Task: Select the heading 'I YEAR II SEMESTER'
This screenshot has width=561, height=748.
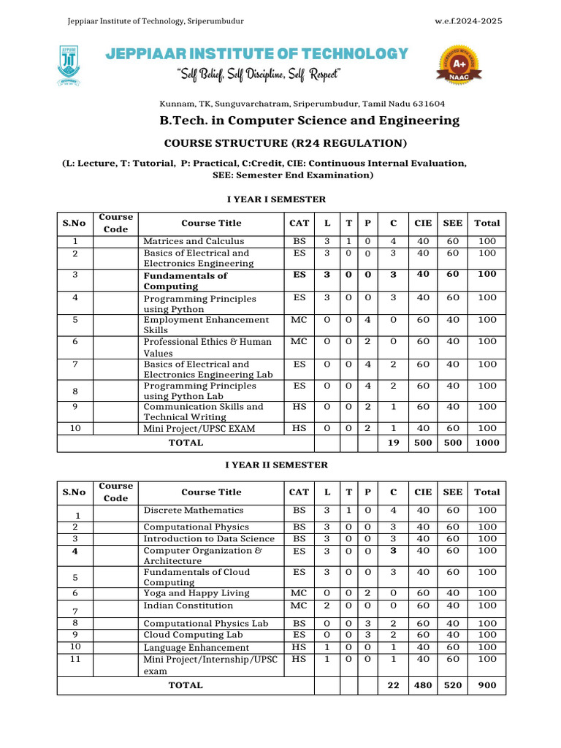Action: (277, 465)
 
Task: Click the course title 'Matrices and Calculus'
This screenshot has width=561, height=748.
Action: (194, 241)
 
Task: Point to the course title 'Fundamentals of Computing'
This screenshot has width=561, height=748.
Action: (185, 280)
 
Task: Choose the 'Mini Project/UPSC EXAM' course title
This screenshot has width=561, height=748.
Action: (199, 429)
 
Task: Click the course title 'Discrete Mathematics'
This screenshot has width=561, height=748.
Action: (193, 511)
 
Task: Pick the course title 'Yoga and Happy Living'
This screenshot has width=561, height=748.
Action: (196, 593)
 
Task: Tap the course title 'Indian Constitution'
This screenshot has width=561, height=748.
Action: (188, 606)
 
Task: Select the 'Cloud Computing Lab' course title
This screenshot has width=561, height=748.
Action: (193, 636)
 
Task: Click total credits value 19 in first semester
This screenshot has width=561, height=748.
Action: (394, 443)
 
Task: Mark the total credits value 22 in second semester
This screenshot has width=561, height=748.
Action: (394, 685)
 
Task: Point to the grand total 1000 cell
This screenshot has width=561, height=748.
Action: (487, 443)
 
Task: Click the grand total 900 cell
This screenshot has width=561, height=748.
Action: (487, 685)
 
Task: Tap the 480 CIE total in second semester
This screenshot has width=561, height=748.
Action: (423, 685)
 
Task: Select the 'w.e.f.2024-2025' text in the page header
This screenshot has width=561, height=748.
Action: (468, 20)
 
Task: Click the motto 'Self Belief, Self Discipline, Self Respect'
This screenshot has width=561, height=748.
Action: (259, 75)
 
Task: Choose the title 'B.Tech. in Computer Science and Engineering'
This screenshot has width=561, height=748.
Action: (310, 121)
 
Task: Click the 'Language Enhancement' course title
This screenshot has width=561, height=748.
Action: (196, 648)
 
